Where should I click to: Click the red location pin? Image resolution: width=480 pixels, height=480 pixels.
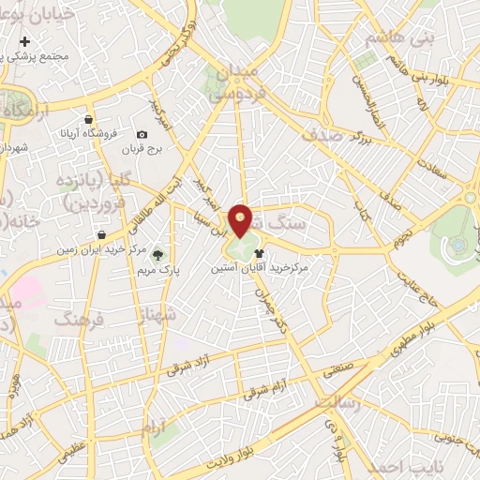[x=241, y=221]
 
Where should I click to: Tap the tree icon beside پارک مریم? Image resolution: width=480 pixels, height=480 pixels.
[x=157, y=252]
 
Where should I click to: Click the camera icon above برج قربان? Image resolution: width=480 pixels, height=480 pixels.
[x=142, y=135]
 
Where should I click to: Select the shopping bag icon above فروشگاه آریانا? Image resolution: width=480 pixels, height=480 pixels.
[x=88, y=120]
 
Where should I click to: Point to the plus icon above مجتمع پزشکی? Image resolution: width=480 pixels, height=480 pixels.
[x=24, y=41]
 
